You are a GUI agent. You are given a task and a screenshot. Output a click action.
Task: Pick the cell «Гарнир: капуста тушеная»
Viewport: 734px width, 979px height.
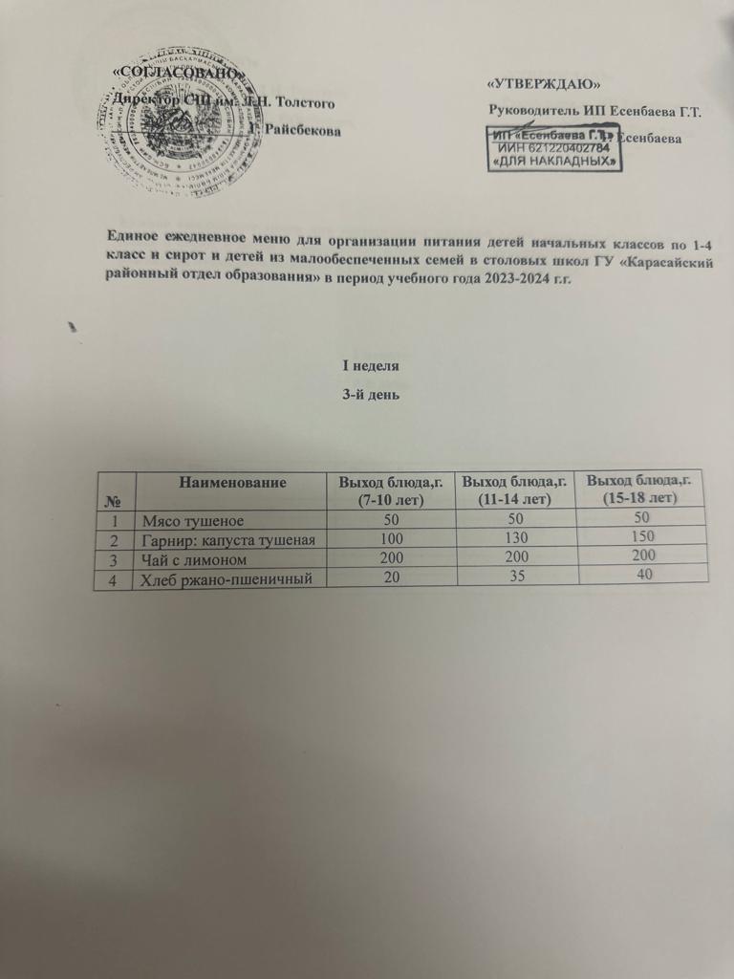[x=229, y=540]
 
